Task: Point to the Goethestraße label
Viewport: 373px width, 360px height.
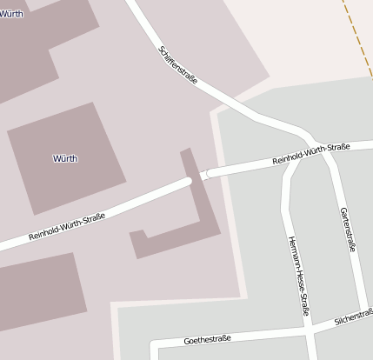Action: pyautogui.click(x=207, y=338)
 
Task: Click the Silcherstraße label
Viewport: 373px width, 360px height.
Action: pyautogui.click(x=353, y=318)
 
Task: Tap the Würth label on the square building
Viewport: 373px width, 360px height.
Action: pyautogui.click(x=65, y=158)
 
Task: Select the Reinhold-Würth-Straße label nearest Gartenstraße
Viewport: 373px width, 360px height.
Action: pyautogui.click(x=310, y=153)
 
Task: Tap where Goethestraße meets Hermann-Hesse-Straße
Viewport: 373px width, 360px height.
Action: pyautogui.click(x=308, y=330)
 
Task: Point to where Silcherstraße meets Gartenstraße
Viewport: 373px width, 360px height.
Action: pyautogui.click(x=359, y=317)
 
